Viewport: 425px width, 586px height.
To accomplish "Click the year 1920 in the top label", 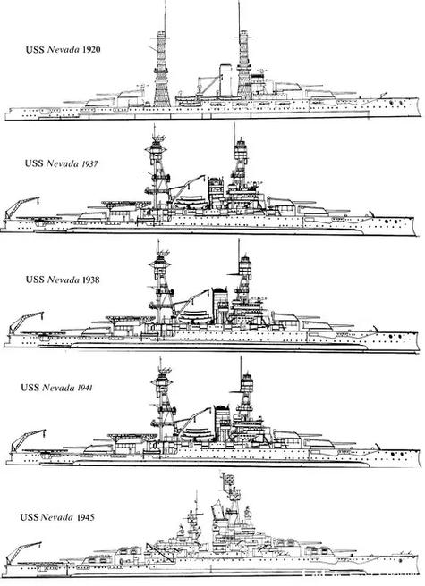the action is [91, 49].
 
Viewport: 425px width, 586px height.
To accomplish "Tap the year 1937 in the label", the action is [89, 163].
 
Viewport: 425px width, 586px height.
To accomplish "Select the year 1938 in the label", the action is [91, 280].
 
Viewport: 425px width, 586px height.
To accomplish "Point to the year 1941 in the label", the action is [85, 388].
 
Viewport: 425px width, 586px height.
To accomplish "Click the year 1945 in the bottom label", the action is [86, 517].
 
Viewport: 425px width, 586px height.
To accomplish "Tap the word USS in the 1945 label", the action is [29, 517].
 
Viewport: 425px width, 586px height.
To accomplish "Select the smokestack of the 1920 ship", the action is [225, 80].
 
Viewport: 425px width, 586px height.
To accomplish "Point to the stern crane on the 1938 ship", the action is [24, 322].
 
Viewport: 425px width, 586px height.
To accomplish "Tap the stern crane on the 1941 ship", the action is [27, 440].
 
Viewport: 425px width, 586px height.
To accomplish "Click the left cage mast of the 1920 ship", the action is [162, 69].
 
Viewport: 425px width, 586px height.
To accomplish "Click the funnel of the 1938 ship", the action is [220, 305].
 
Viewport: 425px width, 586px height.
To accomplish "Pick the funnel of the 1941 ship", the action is [222, 422].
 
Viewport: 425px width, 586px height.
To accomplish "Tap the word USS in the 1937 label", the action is [34, 163].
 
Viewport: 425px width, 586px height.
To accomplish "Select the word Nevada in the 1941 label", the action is [58, 388].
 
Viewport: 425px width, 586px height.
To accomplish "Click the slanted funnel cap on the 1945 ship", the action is [217, 509].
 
